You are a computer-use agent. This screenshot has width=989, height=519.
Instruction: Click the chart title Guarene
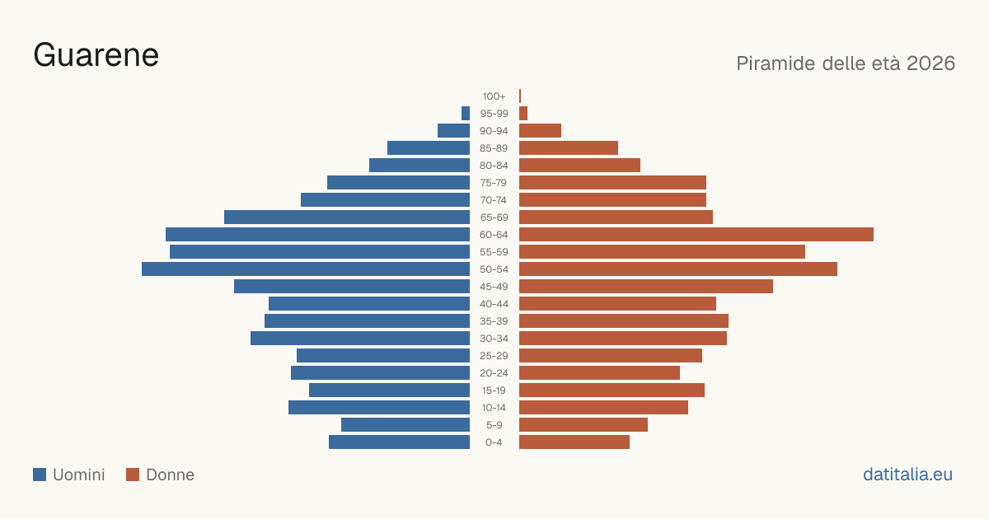click(x=96, y=55)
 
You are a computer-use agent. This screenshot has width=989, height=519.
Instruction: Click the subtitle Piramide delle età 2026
click(x=846, y=63)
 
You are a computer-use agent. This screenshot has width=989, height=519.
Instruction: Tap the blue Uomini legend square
click(x=40, y=475)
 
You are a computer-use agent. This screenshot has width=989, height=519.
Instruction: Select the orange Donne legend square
click(x=133, y=475)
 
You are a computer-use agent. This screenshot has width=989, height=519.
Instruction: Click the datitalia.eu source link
click(x=907, y=475)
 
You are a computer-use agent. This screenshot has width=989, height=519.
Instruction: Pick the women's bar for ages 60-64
click(x=696, y=234)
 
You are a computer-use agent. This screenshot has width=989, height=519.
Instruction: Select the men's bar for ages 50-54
click(x=306, y=269)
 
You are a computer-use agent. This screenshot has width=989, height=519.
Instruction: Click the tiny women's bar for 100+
click(x=520, y=96)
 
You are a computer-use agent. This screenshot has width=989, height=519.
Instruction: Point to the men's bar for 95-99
click(x=466, y=114)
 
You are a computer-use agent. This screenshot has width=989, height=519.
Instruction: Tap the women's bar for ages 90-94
click(x=540, y=131)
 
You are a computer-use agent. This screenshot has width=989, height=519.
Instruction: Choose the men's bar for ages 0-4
click(x=399, y=442)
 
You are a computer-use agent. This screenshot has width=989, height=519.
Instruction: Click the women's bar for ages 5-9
click(x=584, y=425)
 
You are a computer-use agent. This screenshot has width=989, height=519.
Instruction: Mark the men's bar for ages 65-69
click(x=347, y=217)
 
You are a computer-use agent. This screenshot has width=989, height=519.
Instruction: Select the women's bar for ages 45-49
click(x=646, y=287)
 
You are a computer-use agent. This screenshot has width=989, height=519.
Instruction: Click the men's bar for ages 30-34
click(x=360, y=339)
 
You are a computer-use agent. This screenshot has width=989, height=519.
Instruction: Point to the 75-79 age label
click(x=494, y=183)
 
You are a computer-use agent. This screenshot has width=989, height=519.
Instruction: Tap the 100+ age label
click(x=494, y=96)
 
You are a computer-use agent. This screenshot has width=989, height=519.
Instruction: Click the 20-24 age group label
click(x=494, y=373)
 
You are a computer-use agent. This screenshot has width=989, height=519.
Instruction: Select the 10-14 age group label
click(x=494, y=408)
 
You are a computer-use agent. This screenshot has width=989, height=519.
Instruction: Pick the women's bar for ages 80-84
click(x=579, y=165)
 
